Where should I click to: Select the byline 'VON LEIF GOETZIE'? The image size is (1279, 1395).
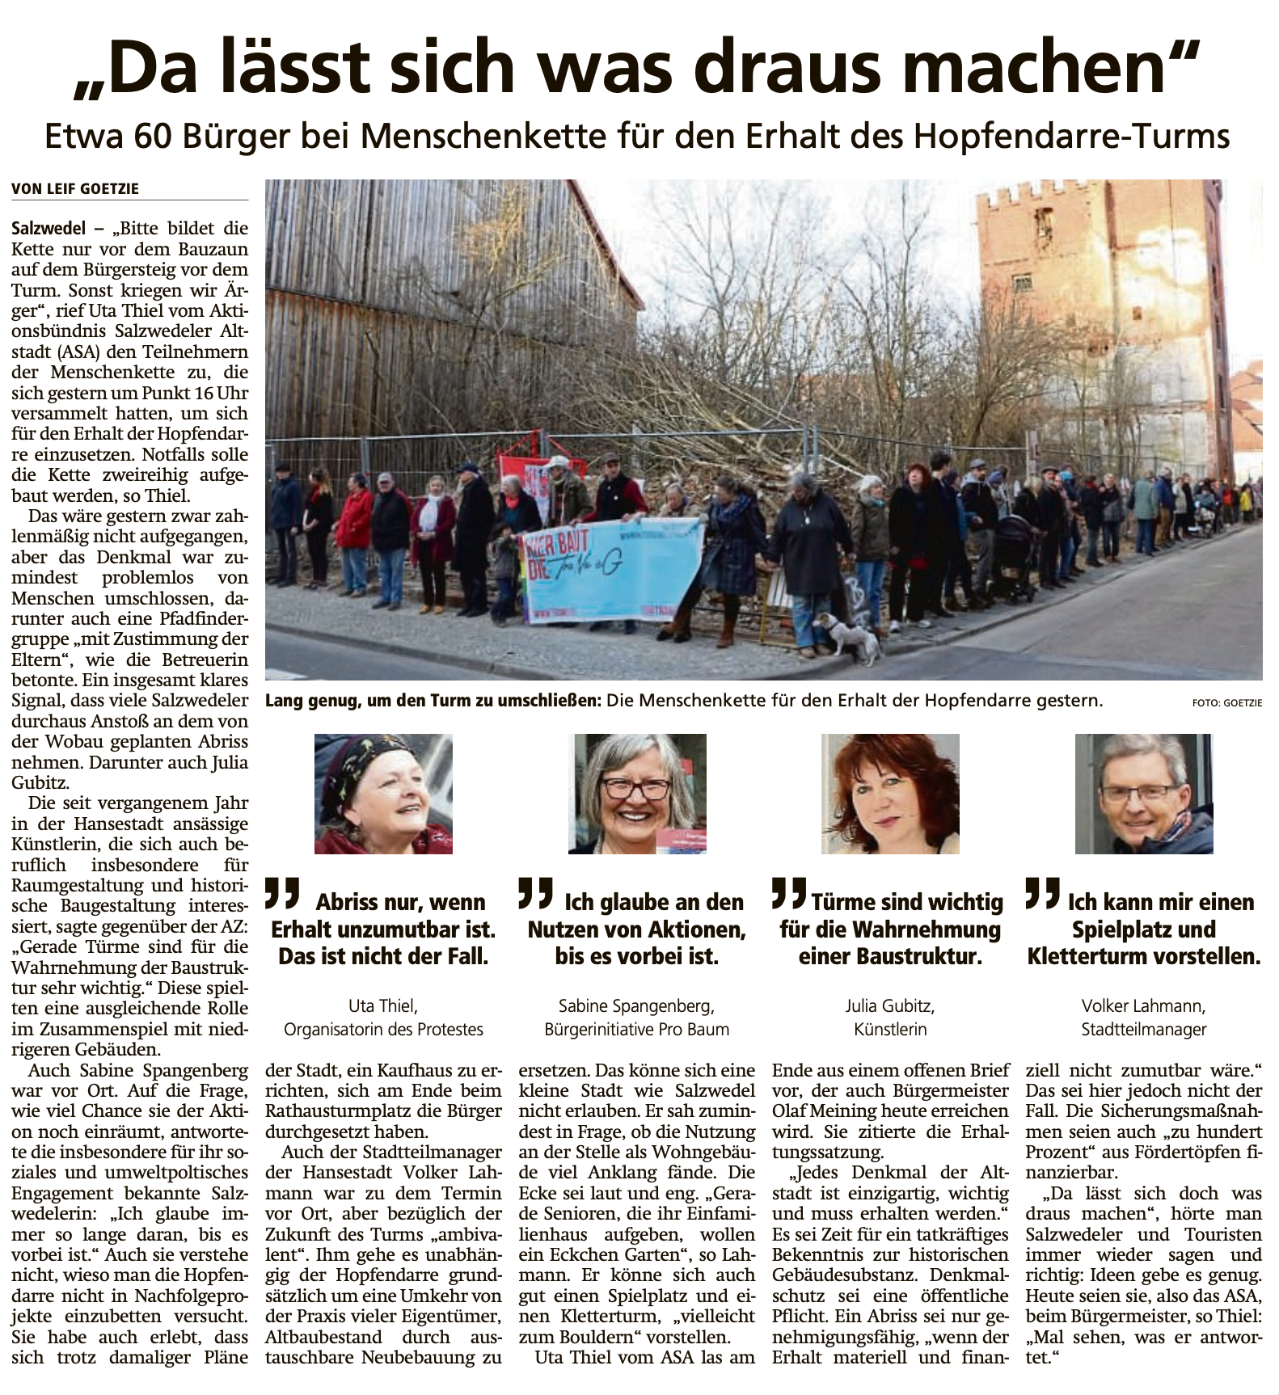pos(75,188)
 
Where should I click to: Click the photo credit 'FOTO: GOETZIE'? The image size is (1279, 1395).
pos(1226,703)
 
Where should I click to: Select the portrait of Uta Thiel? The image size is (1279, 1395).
pos(383,794)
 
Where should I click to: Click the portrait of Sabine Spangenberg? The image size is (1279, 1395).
pos(637,794)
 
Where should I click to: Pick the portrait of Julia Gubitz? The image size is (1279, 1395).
pos(890,794)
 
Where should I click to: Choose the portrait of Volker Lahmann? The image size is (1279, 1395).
pos(1144,794)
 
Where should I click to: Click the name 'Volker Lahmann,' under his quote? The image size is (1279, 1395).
pos(1143,1006)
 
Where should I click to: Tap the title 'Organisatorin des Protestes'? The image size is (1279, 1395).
pos(383,1030)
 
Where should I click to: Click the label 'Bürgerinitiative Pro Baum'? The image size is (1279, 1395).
pos(637,1030)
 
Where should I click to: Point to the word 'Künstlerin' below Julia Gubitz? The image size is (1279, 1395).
pos(890,1030)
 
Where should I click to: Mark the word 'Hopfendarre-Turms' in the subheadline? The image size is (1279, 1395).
pos(1071,137)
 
